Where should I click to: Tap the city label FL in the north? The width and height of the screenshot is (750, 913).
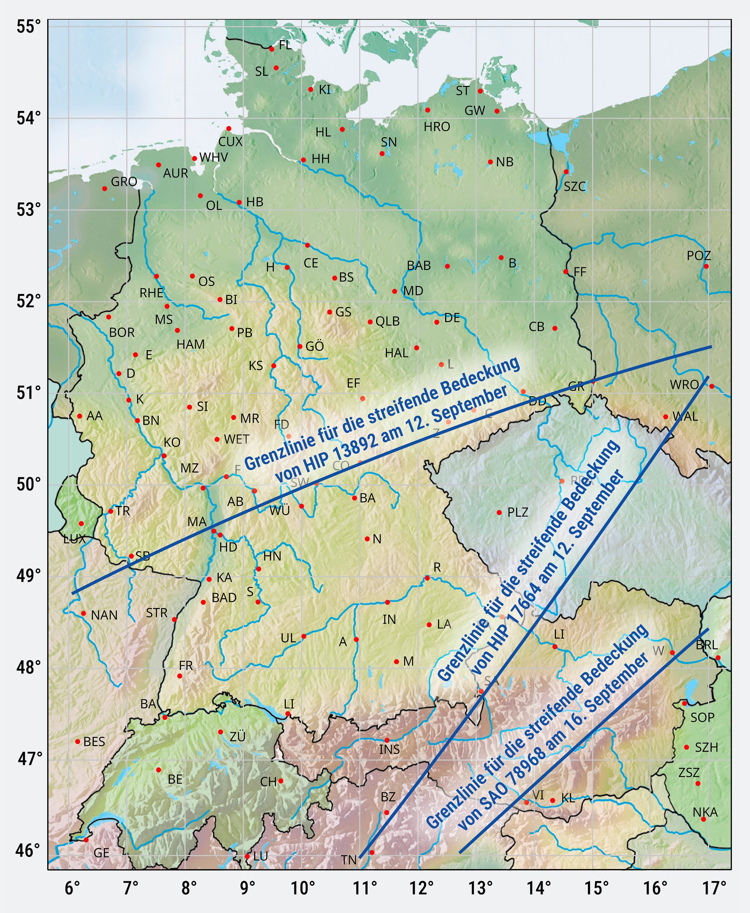pos(285,45)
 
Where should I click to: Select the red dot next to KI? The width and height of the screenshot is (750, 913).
pos(310,89)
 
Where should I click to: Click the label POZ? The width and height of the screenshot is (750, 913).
pos(699,256)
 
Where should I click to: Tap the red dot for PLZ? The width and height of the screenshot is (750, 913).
pos(499,513)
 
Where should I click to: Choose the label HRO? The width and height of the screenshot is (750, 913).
pos(437,127)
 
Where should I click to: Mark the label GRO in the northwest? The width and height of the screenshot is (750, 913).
pos(124,182)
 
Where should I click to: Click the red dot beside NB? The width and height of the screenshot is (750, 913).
pos(490,162)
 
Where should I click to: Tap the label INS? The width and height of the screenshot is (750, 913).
pos(389,749)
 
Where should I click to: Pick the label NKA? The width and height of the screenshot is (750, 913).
pos(705,813)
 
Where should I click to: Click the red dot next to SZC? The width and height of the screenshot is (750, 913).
pos(566,172)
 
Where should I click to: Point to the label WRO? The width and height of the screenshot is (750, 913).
pos(684,384)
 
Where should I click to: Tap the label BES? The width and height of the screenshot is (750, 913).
pos(94,742)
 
